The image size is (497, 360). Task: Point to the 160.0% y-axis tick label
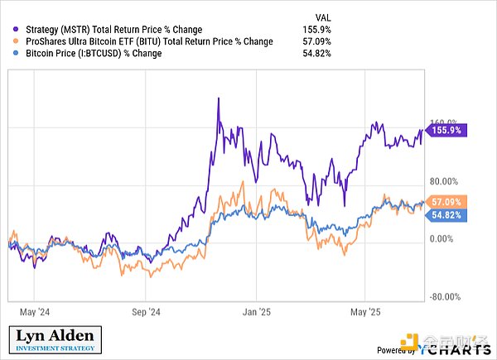tap(442, 118)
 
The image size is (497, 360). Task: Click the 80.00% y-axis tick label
tap(442, 181)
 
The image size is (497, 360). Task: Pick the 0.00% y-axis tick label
tap(442, 239)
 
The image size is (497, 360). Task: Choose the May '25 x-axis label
tap(366, 313)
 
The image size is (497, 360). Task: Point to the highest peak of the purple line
tap(217, 98)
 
